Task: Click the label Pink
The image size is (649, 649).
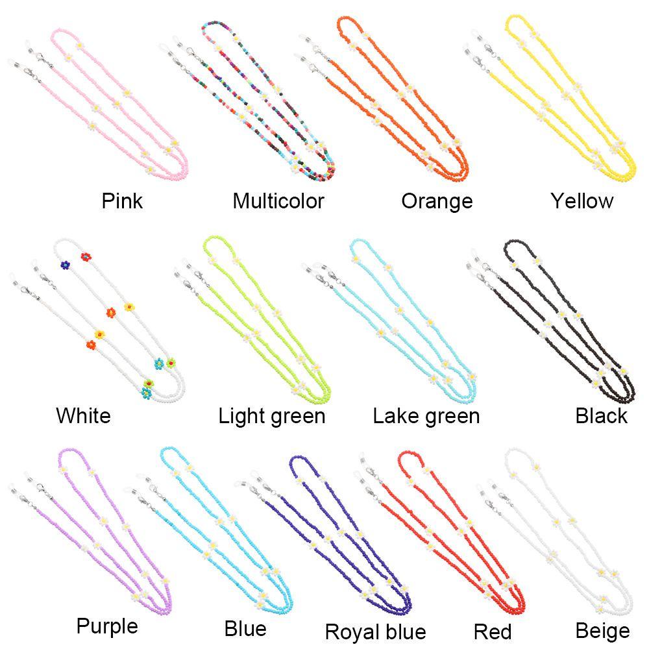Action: pos(122,201)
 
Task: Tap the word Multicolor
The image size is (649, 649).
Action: pos(278,201)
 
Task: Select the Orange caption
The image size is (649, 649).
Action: pos(437,201)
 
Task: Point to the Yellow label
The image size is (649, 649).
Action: pos(582,201)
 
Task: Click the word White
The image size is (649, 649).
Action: pos(83,415)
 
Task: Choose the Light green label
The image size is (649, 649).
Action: pos(272,416)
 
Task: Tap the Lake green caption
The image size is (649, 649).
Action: pos(426,416)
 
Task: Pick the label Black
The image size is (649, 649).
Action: pos(601,416)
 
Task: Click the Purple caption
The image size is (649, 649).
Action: pos(107,627)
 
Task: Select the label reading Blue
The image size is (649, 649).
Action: pos(245,629)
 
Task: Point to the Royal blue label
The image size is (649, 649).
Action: pos(375,631)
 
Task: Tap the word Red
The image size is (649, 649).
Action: pos(493,631)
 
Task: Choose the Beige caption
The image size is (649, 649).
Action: pos(602,631)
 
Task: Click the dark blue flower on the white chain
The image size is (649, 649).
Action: pos(65,265)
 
